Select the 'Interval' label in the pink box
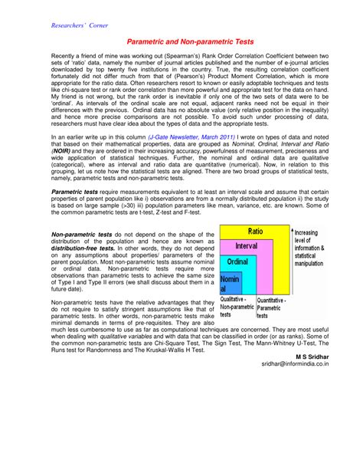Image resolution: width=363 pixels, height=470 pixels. click(246, 245)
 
